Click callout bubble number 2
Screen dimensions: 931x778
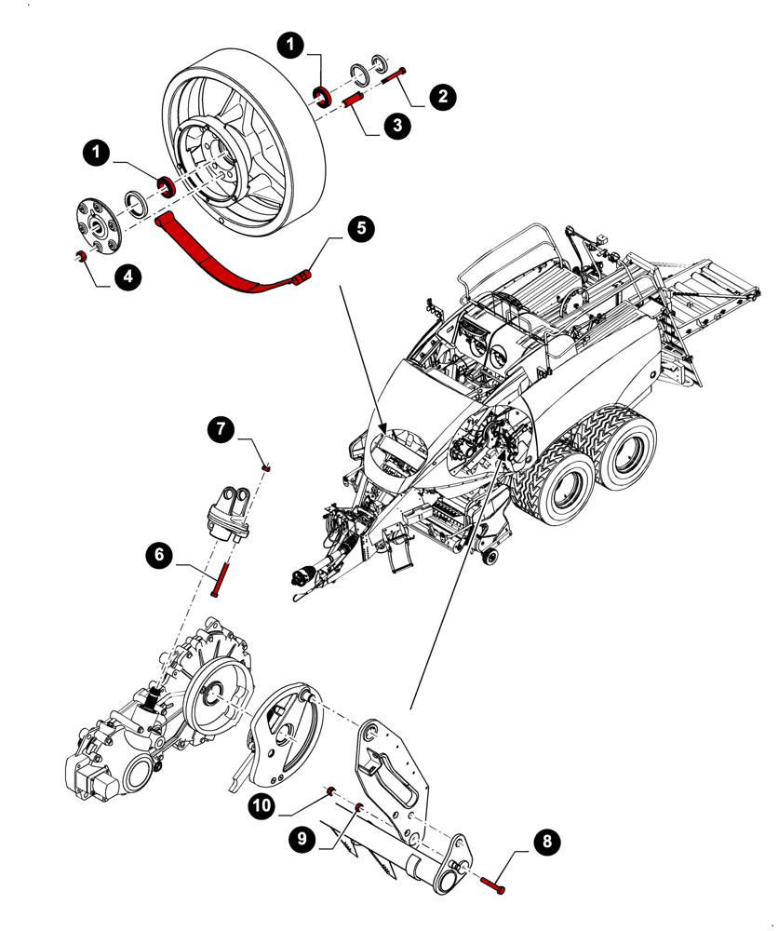point(442,96)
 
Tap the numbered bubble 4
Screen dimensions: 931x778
point(127,276)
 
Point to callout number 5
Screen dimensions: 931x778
point(361,228)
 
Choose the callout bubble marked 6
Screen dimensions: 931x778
point(158,556)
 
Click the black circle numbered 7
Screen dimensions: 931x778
point(220,429)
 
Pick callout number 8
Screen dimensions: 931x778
point(547,842)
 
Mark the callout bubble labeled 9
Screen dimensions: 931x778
point(302,840)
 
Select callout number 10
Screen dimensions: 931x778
point(262,804)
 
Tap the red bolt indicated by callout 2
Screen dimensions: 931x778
point(393,78)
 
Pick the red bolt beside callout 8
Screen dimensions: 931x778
point(493,884)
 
